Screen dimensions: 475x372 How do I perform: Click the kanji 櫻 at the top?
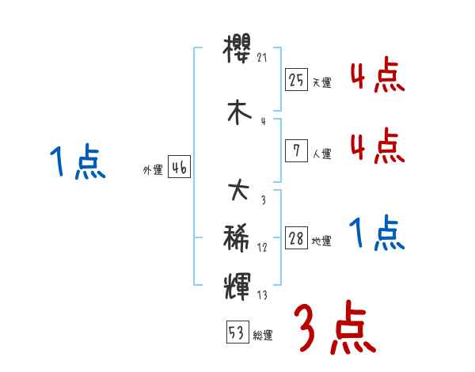pyautogui.click(x=238, y=51)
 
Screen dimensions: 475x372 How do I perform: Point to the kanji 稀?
pyautogui.click(x=238, y=236)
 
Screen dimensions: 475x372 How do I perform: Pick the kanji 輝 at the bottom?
pyautogui.click(x=238, y=284)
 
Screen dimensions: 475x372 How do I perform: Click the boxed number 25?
pyautogui.click(x=296, y=79)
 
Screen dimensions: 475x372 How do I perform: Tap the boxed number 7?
pyautogui.click(x=296, y=150)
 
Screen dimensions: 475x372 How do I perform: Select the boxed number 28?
pyautogui.click(x=296, y=238)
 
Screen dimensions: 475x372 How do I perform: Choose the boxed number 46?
pyautogui.click(x=179, y=167)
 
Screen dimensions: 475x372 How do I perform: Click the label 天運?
pyautogui.click(x=321, y=83)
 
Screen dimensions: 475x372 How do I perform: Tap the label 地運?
pyautogui.click(x=321, y=241)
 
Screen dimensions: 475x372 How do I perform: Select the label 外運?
pyautogui.click(x=152, y=170)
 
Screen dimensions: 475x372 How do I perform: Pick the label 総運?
pyautogui.click(x=263, y=335)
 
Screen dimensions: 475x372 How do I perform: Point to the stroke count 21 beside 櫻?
pyautogui.click(x=263, y=58)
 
